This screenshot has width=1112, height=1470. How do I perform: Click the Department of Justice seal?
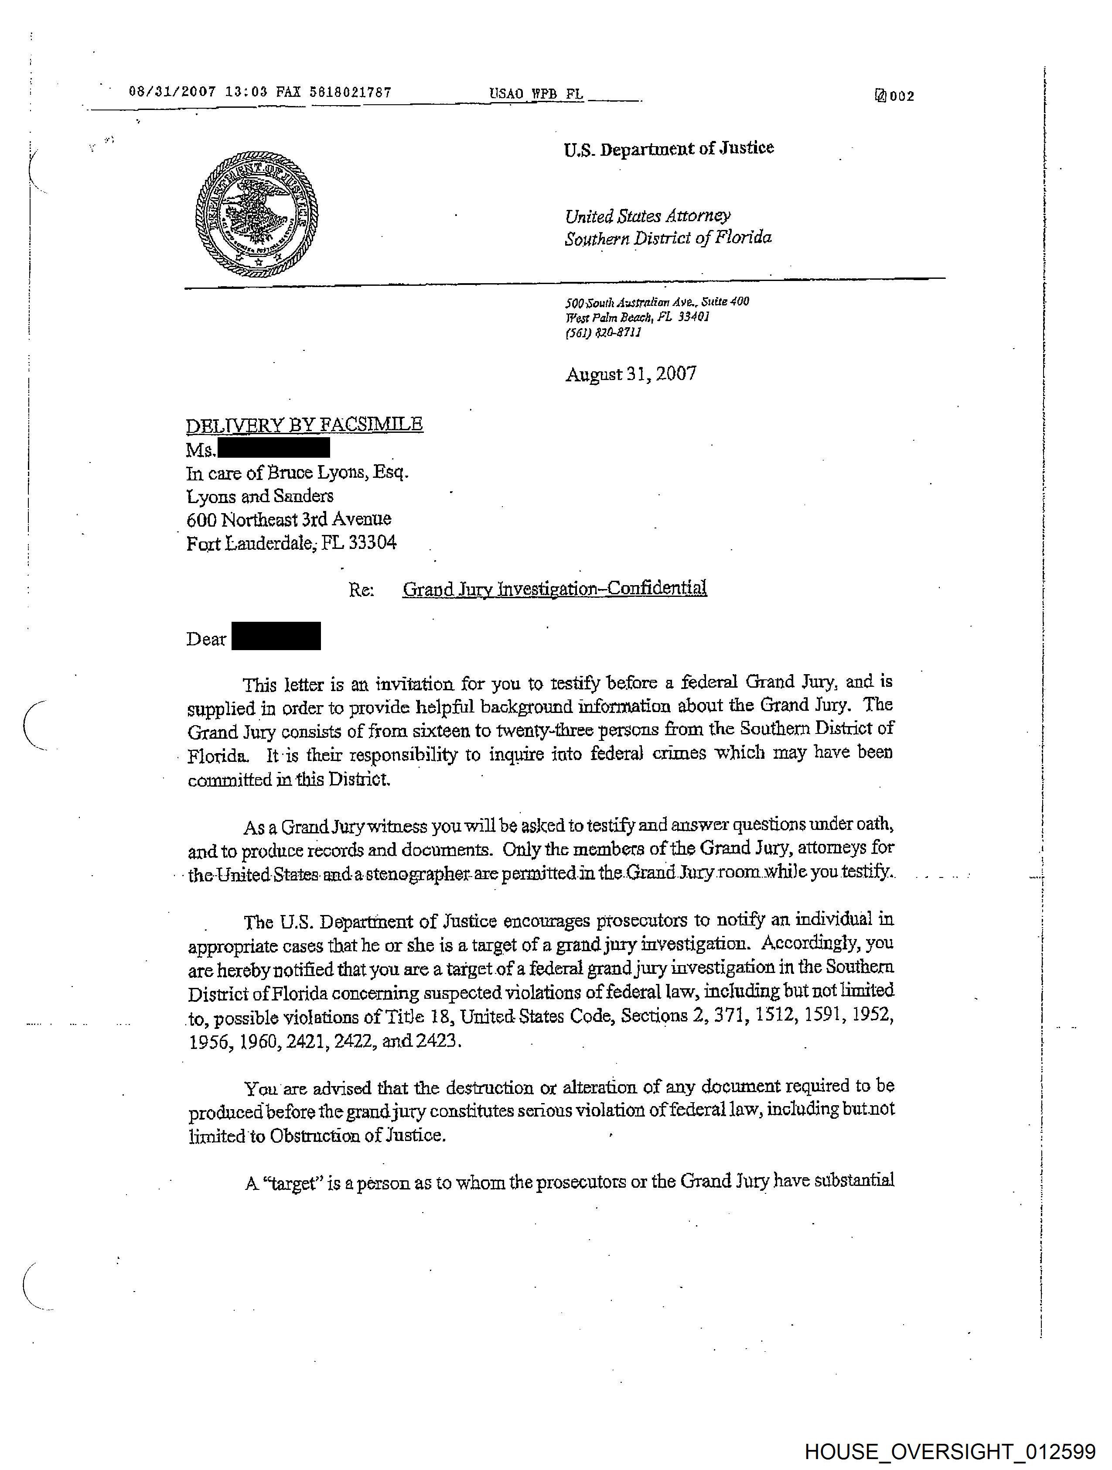[256, 214]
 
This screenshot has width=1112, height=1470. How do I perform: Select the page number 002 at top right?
[901, 96]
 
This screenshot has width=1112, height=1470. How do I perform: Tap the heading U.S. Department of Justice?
[669, 148]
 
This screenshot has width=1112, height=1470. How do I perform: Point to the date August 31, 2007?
[631, 374]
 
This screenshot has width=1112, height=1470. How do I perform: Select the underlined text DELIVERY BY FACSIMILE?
[304, 424]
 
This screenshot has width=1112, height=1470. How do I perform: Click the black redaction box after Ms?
[274, 447]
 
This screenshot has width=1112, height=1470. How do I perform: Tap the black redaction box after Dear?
[276, 636]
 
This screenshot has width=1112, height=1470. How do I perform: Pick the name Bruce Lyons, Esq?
[338, 473]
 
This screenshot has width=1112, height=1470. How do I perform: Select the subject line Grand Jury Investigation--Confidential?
[555, 589]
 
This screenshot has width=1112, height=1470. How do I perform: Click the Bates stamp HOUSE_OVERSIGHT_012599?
[950, 1451]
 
